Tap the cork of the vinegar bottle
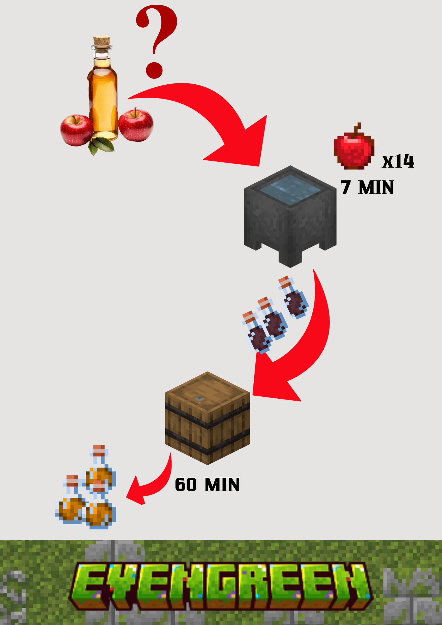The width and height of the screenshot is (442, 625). pyautogui.click(x=102, y=41)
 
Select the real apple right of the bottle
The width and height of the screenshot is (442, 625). pyautogui.click(x=136, y=125)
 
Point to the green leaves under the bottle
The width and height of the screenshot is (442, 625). pyautogui.click(x=100, y=145)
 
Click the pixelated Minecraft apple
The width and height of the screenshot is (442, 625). pyautogui.click(x=354, y=150)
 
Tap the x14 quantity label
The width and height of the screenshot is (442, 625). pyautogui.click(x=398, y=161)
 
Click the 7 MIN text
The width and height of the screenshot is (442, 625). pyautogui.click(x=367, y=187)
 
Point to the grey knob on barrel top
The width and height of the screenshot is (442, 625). pyautogui.click(x=199, y=399)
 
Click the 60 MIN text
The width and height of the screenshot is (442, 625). pyautogui.click(x=207, y=485)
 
